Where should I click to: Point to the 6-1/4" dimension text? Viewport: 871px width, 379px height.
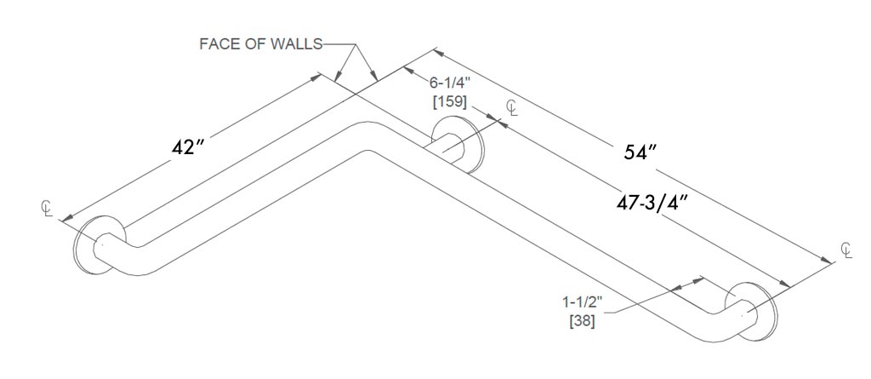pyautogui.click(x=448, y=83)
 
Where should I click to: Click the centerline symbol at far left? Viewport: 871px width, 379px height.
pyautogui.click(x=48, y=207)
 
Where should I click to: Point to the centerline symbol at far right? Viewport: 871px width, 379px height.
pyautogui.click(x=845, y=250)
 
